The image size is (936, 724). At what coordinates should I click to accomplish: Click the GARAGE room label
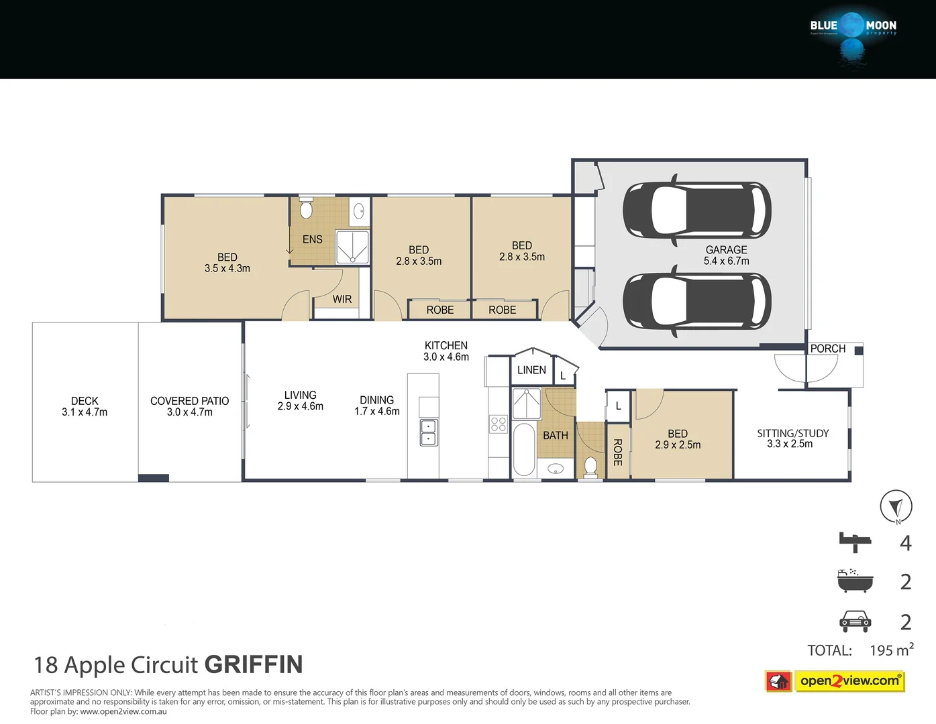coord(726,249)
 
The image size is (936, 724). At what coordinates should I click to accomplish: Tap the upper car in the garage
coord(696,209)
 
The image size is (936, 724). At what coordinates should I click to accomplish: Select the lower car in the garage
coord(696,301)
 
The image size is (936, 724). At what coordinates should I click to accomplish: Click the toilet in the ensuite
coord(306,209)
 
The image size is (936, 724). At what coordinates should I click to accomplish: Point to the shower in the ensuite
coord(352,247)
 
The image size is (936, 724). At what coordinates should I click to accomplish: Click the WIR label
coord(342,299)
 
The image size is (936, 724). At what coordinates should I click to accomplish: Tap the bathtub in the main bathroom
coord(523,448)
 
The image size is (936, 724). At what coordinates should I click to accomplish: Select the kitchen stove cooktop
coord(498,424)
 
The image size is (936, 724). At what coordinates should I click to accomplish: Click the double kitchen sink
coord(429,432)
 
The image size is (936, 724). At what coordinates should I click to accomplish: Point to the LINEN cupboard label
coord(531,370)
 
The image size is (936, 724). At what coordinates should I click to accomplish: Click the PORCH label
coord(827,349)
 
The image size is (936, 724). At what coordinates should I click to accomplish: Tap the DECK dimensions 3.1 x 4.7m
coord(85,412)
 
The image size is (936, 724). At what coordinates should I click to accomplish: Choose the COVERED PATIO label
coord(189,401)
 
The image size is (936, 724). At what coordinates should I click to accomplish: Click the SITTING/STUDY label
coord(792,434)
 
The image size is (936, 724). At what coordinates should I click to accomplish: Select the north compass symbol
coord(896,506)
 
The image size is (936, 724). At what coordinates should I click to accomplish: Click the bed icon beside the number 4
coord(854,542)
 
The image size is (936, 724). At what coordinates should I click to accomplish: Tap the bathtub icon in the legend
coord(855,581)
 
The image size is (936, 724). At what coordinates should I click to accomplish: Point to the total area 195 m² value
coord(891,650)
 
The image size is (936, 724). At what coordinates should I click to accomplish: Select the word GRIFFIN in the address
coord(254,664)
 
